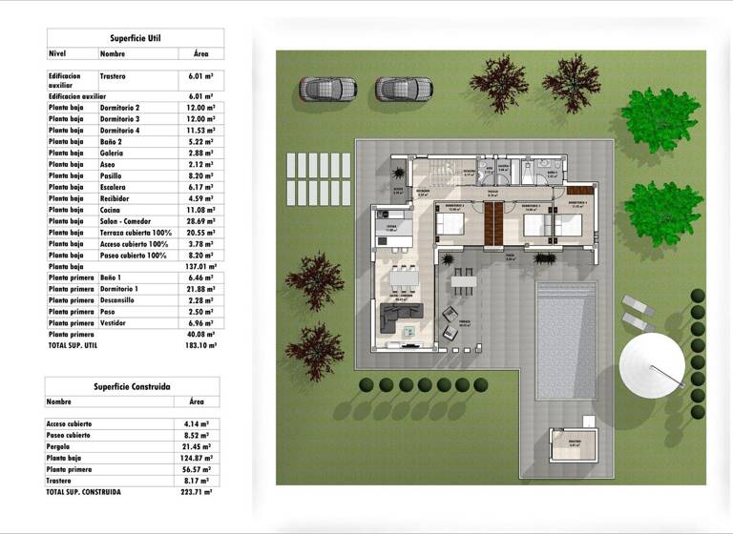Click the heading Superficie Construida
132,386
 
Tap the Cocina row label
113,210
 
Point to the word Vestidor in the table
115,323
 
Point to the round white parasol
652,362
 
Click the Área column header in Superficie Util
200,53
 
